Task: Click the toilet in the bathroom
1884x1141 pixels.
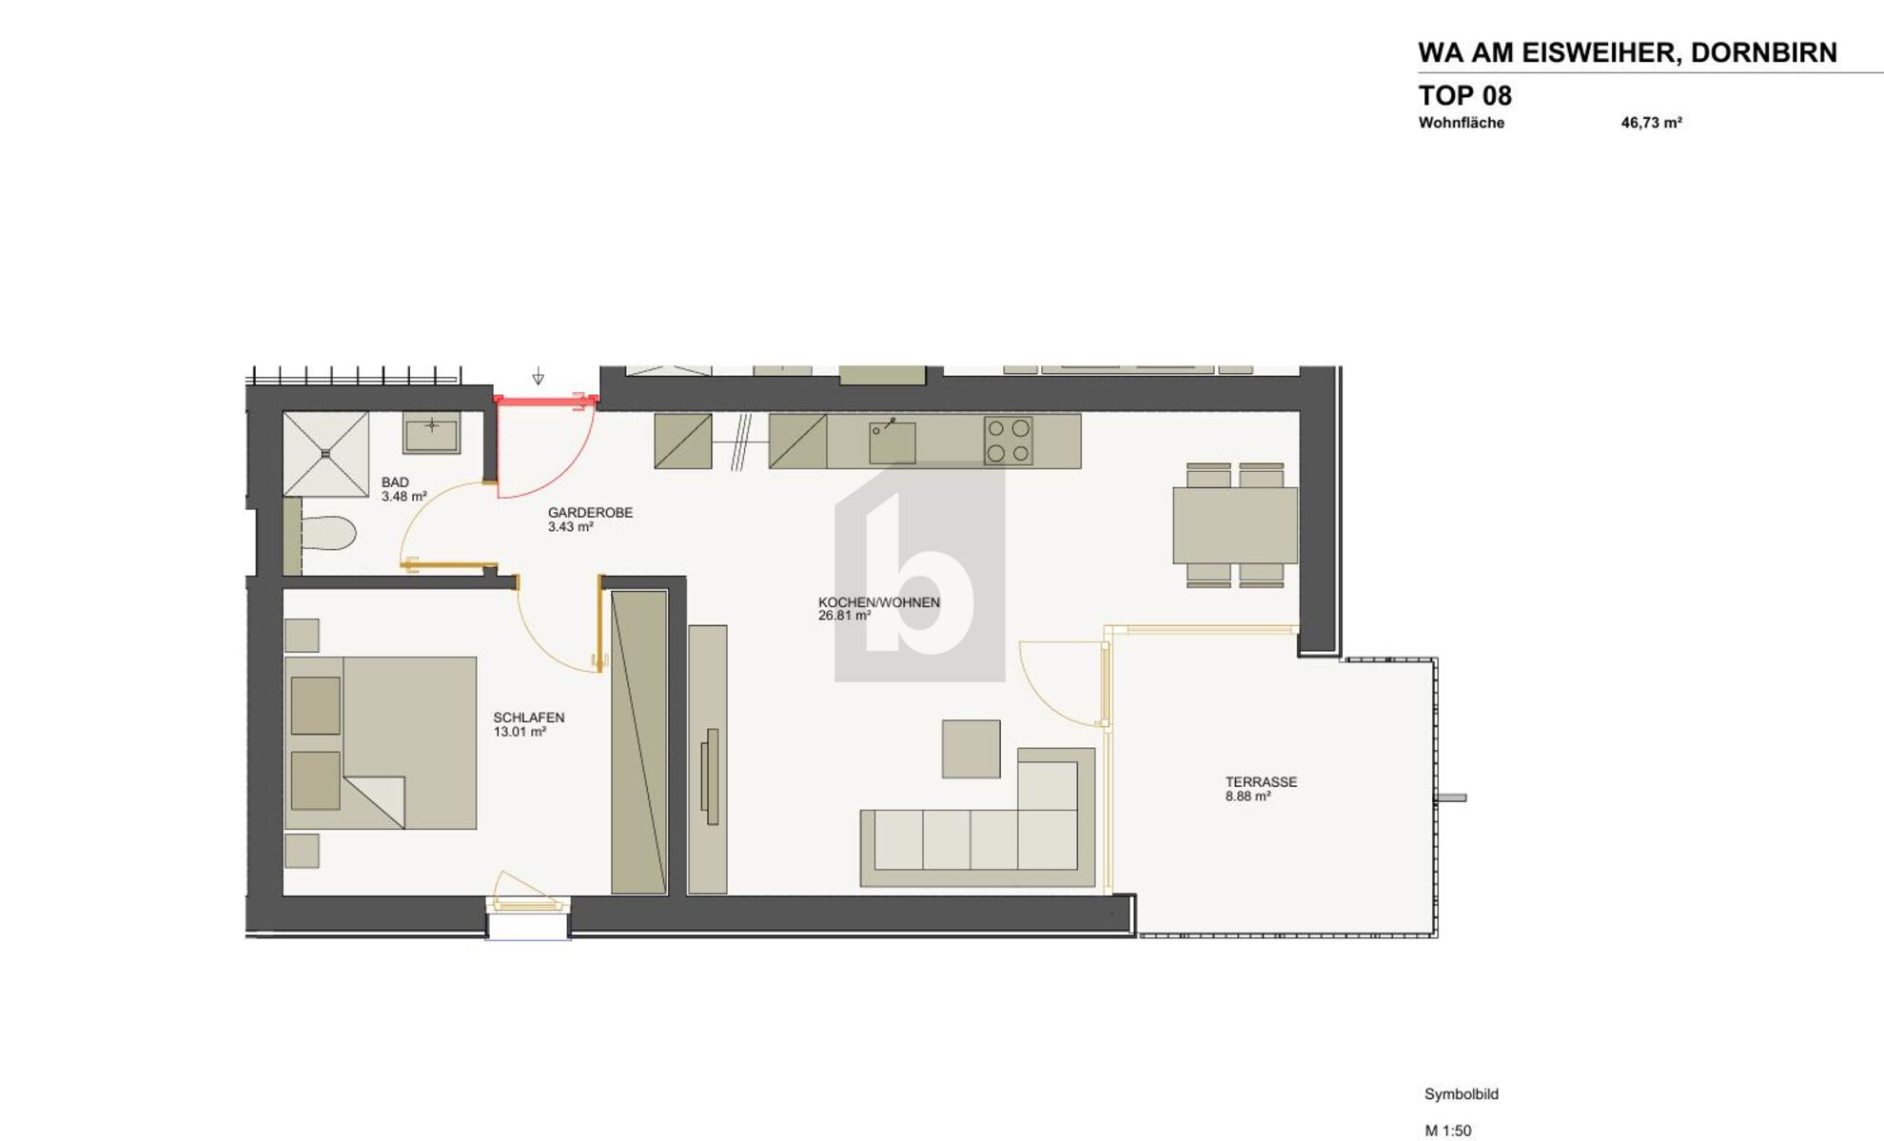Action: point(327,533)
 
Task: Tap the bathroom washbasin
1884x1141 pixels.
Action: point(431,434)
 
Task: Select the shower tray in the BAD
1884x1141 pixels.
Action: point(325,454)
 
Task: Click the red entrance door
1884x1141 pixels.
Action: point(544,402)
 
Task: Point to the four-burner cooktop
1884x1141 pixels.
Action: point(1008,441)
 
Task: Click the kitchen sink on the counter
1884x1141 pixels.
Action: point(893,442)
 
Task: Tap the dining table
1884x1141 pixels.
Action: point(1234,525)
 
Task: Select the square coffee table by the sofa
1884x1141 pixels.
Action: point(971,749)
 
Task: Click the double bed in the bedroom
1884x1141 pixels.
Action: point(381,742)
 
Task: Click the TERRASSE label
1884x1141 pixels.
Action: point(1261,782)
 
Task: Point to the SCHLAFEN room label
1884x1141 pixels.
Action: point(528,718)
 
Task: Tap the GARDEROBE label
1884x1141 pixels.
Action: point(590,513)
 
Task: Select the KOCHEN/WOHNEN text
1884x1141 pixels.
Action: point(878,602)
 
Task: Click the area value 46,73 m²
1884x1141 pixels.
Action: point(1651,123)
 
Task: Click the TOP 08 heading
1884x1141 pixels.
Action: point(1464,95)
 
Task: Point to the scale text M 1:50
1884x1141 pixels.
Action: point(1447,1131)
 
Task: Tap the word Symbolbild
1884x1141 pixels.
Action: point(1461,1094)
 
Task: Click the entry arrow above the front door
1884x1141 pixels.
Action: point(538,377)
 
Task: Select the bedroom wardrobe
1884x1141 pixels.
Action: point(638,742)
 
